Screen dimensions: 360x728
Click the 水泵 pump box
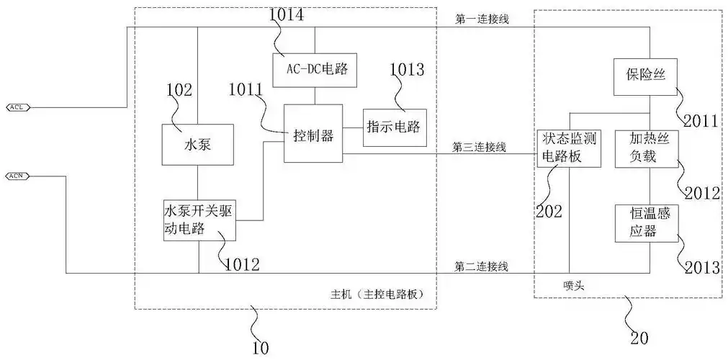click(197, 145)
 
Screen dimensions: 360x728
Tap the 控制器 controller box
click(313, 135)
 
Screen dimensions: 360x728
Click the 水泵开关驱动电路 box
click(199, 220)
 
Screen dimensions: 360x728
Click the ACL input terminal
click(17, 107)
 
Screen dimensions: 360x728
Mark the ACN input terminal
click(17, 175)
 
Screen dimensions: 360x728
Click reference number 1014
click(286, 14)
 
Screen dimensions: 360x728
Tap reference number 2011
click(701, 120)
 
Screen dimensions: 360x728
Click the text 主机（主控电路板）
click(375, 294)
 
